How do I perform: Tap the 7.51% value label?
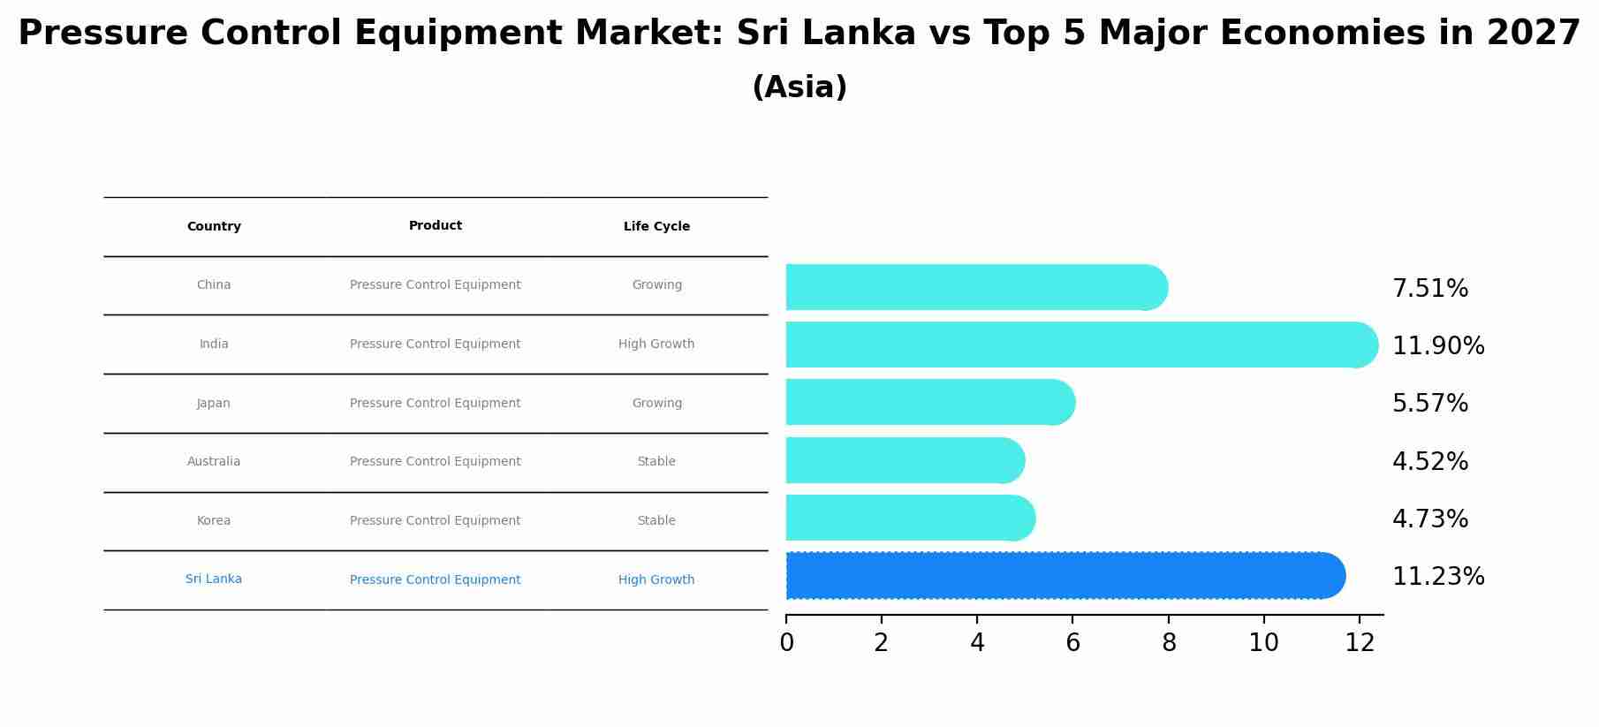click(x=1429, y=289)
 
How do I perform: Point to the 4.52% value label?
click(x=1429, y=462)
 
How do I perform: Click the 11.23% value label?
click(x=1437, y=577)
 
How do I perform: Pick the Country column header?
click(x=214, y=227)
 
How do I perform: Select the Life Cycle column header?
click(x=656, y=227)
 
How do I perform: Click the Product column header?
click(x=435, y=226)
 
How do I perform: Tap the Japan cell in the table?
click(x=213, y=404)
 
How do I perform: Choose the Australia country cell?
click(x=213, y=462)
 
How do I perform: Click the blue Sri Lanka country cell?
click(x=213, y=579)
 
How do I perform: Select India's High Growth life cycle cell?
click(x=656, y=345)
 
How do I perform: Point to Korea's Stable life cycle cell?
click(x=656, y=521)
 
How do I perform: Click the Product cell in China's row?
click(x=435, y=285)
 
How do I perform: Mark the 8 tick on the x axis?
click(x=1168, y=643)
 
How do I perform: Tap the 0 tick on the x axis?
click(x=786, y=643)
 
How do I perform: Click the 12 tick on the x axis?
click(x=1360, y=643)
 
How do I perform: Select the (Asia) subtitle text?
click(x=799, y=87)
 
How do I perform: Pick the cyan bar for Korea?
click(x=909, y=518)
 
